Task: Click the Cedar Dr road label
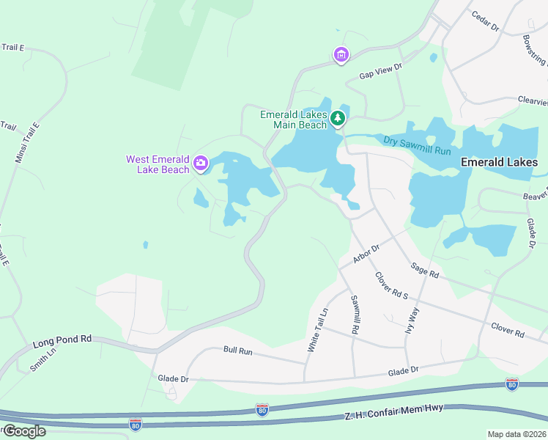[485, 22]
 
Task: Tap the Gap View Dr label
[381, 71]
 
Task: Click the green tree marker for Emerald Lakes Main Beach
[337, 118]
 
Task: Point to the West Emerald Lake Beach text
[158, 164]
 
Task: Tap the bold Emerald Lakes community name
[503, 162]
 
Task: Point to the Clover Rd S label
[390, 287]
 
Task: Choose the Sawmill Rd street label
[354, 315]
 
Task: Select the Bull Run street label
[237, 351]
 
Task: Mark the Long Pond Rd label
[62, 340]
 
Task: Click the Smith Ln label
[42, 361]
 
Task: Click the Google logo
[23, 430]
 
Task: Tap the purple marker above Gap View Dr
[341, 55]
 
